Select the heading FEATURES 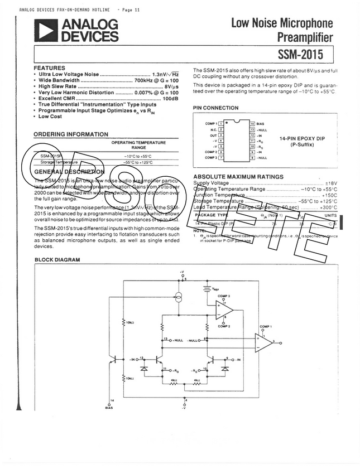coord(49,68)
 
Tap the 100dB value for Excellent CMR coord(170,98)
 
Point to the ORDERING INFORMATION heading coord(71,134)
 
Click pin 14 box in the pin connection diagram coord(252,123)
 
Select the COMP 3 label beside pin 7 coord(211,158)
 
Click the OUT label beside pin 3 coord(213,135)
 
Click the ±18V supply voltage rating coord(332,183)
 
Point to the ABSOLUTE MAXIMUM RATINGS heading coord(238,177)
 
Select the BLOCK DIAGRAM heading coord(57,260)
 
